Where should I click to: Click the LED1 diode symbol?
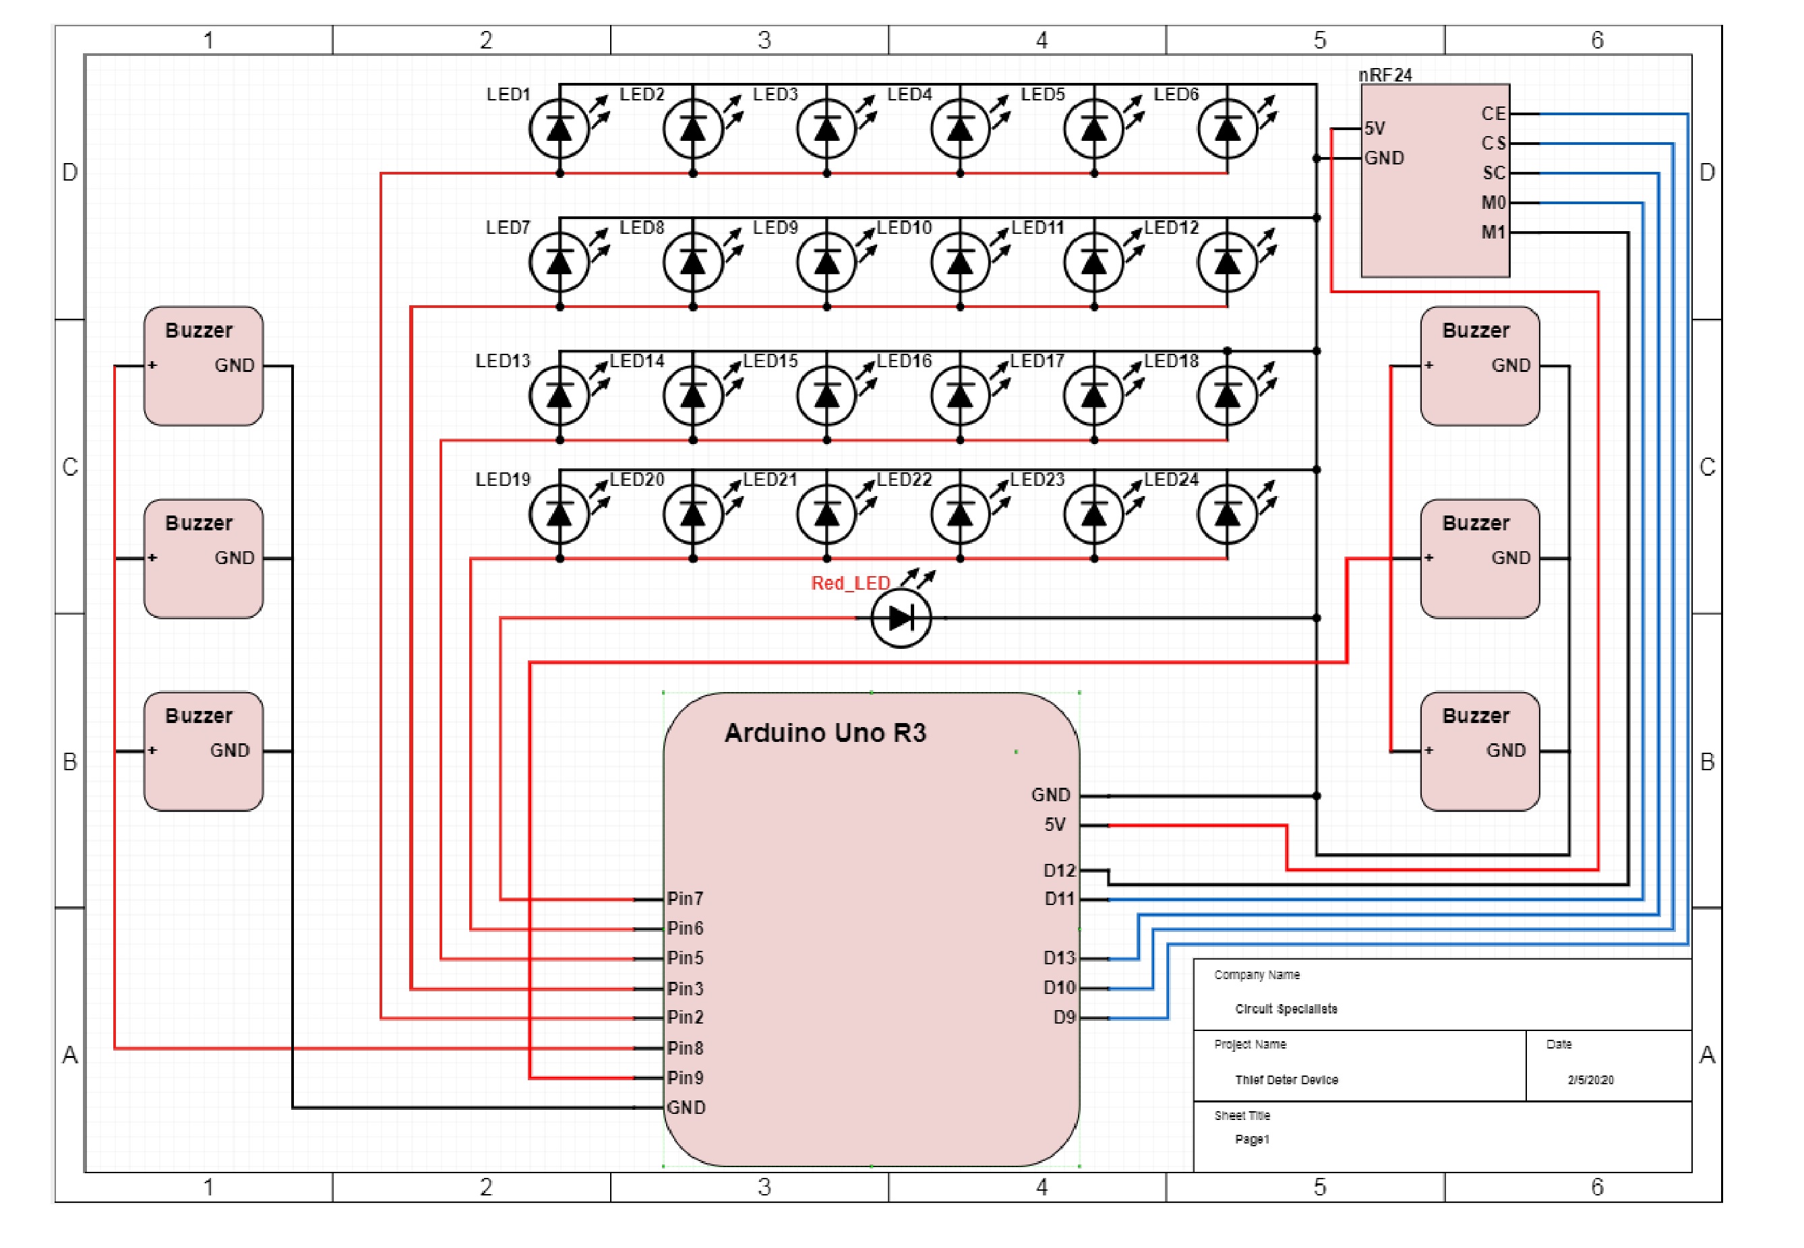pos(559,129)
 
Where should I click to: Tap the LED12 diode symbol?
pos(1227,263)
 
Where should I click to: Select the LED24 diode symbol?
pos(1227,513)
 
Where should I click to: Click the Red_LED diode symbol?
pos(901,618)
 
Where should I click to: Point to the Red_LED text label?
pos(850,584)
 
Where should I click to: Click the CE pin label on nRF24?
pos(1493,114)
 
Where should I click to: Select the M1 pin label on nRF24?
pos(1493,232)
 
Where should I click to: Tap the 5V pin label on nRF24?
pos(1375,128)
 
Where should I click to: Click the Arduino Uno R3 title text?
pos(825,732)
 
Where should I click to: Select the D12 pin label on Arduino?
pos(1059,871)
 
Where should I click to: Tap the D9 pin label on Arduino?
pos(1064,1018)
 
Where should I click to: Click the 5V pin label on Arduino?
pos(1055,825)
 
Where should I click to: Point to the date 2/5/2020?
pos(1590,1080)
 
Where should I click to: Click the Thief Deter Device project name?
pos(1286,1080)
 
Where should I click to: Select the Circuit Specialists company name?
pos(1286,1009)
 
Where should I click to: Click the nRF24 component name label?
pos(1385,75)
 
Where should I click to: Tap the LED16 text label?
pos(903,361)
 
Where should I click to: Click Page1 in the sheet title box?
pos(1252,1140)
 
